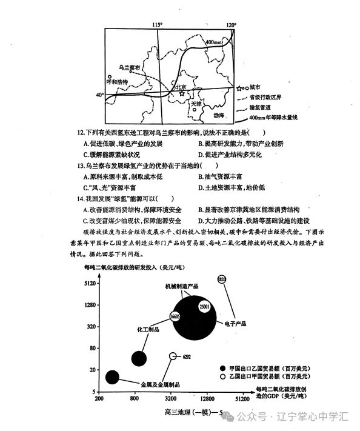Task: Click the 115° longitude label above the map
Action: [x=158, y=24]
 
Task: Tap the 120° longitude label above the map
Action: [x=231, y=25]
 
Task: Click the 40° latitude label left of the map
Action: [x=100, y=95]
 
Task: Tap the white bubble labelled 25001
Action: [x=204, y=307]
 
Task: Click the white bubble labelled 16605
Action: [x=175, y=316]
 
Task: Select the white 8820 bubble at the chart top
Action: [x=221, y=279]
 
